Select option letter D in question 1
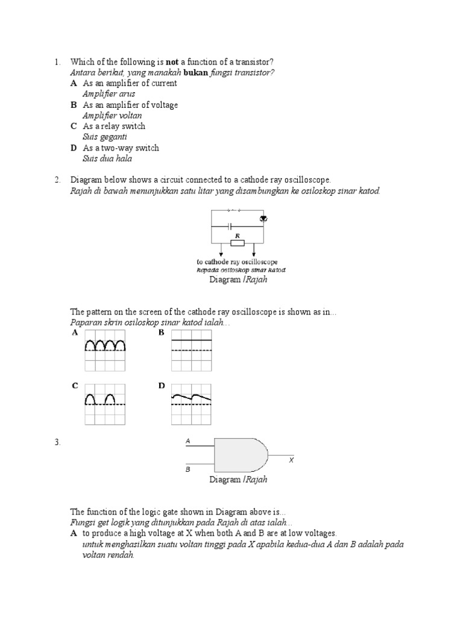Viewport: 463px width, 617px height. tap(74, 148)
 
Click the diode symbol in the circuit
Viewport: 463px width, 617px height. tap(263, 218)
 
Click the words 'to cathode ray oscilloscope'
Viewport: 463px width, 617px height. tap(237, 262)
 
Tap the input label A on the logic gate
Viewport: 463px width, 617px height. tap(187, 442)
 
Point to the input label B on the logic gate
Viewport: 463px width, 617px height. tap(187, 468)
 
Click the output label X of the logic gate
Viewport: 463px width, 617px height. tap(291, 460)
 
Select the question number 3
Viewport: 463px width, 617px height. tap(57, 443)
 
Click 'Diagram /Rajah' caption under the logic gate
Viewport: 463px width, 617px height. tap(238, 480)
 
